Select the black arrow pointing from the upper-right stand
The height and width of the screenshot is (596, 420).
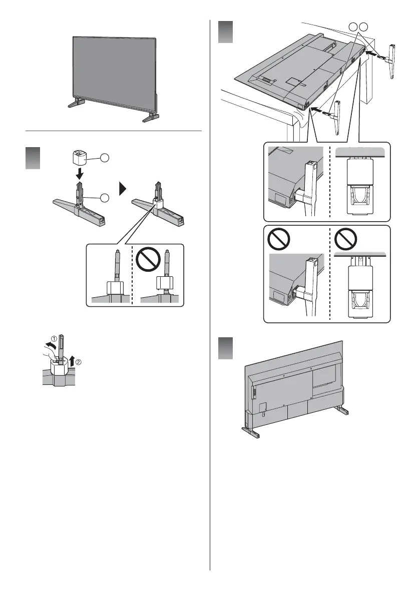(371, 51)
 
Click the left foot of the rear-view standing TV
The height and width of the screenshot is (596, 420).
(250, 432)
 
